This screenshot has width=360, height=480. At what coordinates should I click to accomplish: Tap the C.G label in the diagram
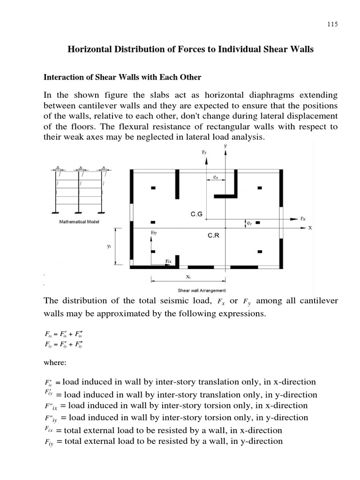[196, 214]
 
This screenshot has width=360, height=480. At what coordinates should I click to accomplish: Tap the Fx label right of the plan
[303, 219]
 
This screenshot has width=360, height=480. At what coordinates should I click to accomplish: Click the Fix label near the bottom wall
[169, 261]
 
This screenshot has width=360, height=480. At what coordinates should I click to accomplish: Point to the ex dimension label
[215, 177]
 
